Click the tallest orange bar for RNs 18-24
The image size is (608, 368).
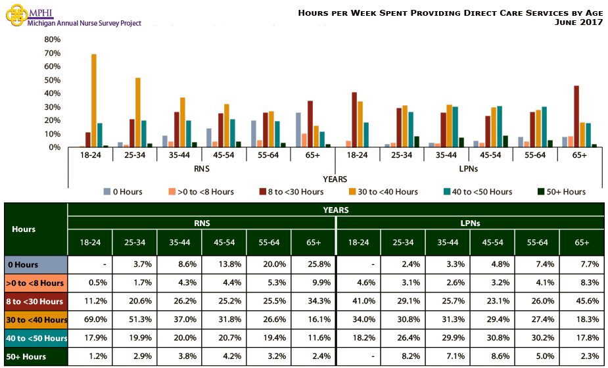(x=94, y=101)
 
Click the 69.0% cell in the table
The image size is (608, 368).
(x=90, y=320)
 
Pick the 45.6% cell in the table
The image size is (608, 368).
(x=582, y=302)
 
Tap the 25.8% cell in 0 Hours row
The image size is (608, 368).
(x=313, y=265)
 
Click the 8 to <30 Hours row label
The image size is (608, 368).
(x=35, y=302)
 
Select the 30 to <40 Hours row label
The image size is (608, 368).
(x=35, y=320)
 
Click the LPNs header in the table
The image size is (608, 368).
(x=470, y=223)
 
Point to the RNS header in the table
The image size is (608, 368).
(x=202, y=223)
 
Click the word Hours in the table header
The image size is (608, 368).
(x=24, y=229)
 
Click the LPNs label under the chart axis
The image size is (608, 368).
(x=469, y=168)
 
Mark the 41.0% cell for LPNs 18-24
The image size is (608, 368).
(x=358, y=302)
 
